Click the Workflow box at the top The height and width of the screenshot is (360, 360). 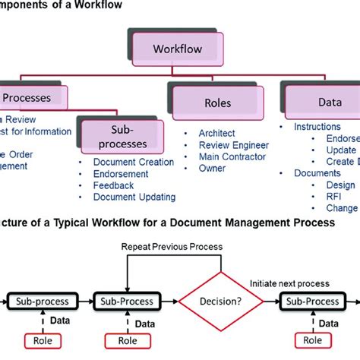[178, 49]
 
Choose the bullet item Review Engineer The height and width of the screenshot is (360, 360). [233, 144]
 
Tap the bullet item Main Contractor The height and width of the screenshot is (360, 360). [232, 156]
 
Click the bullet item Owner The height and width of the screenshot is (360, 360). [213, 169]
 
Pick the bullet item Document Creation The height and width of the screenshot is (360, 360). [133, 162]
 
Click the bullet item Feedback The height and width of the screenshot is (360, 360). [113, 185]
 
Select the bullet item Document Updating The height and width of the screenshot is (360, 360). [134, 197]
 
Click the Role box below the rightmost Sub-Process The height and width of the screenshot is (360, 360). [308, 339]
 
